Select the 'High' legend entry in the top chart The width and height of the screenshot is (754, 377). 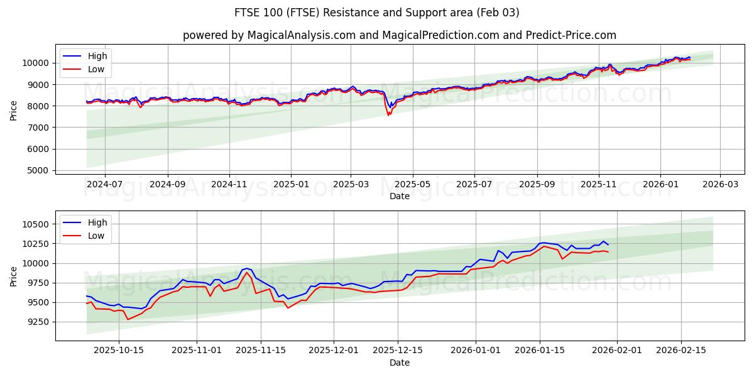coord(97,56)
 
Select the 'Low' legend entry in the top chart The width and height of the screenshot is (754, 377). coord(96,70)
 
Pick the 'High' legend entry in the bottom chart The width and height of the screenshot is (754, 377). coord(97,222)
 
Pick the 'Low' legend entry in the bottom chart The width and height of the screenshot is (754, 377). coord(96,236)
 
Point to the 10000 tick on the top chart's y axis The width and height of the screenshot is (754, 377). coord(36,63)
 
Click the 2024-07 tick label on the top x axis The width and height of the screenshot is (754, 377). coord(104,184)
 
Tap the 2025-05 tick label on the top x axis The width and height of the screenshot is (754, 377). coord(413,184)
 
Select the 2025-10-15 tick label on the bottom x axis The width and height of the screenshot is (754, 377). coord(119,351)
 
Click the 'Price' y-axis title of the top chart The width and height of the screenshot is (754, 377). coord(14,111)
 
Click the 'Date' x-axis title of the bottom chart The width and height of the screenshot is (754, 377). coord(399,363)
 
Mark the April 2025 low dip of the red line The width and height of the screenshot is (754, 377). coord(389,115)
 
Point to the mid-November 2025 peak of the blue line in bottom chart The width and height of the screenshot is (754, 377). coord(247,268)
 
